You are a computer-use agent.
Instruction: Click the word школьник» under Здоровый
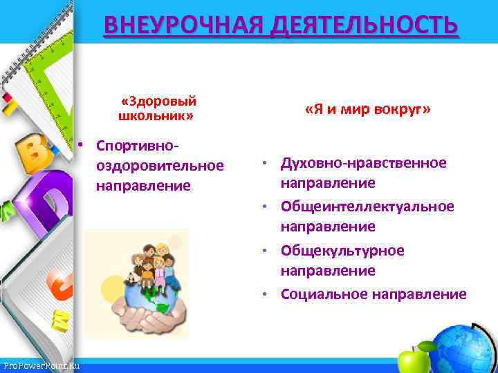pos(156,115)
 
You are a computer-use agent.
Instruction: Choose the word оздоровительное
pos(160,166)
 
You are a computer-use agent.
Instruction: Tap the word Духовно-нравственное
pos(363,163)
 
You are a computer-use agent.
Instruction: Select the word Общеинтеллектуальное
pos(367,207)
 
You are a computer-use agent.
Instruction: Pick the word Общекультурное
pos(342,250)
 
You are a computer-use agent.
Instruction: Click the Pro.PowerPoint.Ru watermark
pos(41,365)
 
